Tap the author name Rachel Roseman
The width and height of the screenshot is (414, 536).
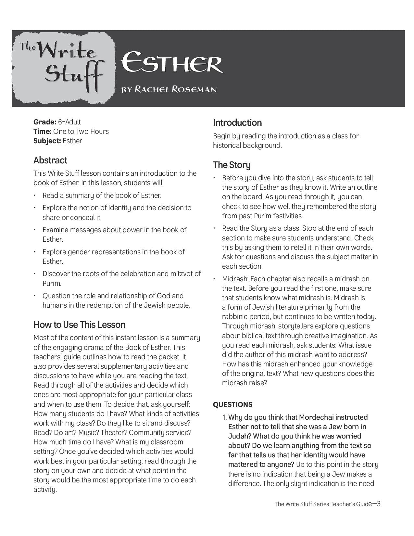(x=169, y=89)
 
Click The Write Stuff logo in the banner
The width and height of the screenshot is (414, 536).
(x=63, y=67)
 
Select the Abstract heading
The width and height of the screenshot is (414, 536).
(x=50, y=160)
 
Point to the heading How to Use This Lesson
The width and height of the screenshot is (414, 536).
(x=79, y=325)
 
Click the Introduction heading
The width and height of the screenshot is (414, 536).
(x=237, y=122)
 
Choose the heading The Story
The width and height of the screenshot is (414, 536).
(x=232, y=165)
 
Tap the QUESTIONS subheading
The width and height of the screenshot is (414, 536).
(x=232, y=404)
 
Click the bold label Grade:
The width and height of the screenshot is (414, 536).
(x=45, y=122)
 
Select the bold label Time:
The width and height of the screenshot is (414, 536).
(x=42, y=131)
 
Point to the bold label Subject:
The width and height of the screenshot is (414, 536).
(x=47, y=141)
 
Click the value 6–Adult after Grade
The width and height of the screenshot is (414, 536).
(x=69, y=122)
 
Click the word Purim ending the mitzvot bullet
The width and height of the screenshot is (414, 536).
(x=52, y=283)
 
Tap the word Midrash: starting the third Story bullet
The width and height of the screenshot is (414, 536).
(x=235, y=279)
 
